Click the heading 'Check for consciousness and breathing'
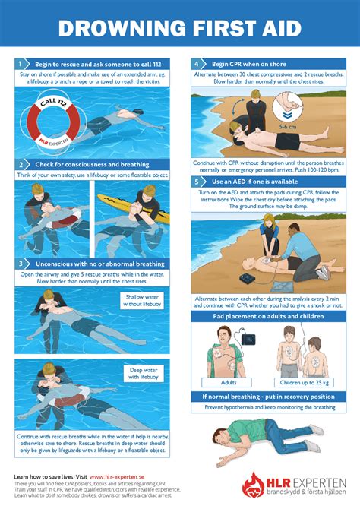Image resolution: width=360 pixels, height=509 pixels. [x=90, y=164]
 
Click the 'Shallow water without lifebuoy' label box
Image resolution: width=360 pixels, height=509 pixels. [x=144, y=300]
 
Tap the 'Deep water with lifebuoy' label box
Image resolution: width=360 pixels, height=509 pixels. [x=144, y=371]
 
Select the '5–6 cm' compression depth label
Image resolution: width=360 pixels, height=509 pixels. [x=289, y=127]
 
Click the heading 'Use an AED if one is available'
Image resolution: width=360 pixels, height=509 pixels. [x=254, y=183]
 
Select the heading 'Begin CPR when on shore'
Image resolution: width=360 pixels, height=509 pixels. [x=247, y=65]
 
